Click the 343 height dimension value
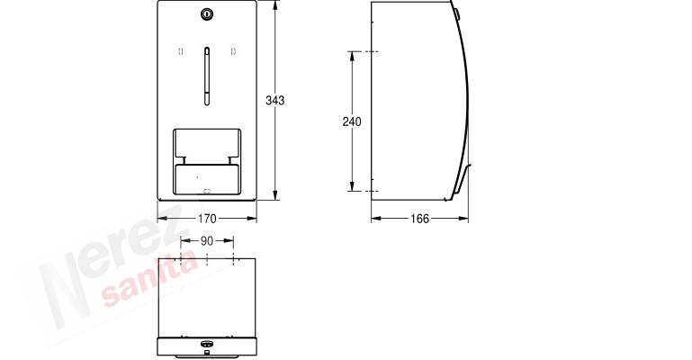275,101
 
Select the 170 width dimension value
207,219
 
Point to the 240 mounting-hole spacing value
352,121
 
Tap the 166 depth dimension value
419,219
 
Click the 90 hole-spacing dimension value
207,241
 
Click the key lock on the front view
207,14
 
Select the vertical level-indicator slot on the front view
207,76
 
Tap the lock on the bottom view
206,344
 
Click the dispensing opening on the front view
207,162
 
